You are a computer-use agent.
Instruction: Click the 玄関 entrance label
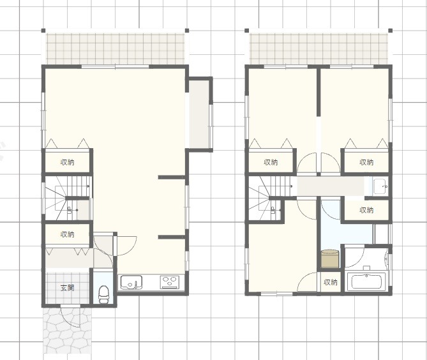67,288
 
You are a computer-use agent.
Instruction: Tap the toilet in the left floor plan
103,294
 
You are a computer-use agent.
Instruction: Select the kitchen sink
131,282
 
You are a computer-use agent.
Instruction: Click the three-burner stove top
169,282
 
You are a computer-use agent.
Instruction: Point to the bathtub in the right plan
366,282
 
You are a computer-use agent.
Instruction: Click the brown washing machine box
330,259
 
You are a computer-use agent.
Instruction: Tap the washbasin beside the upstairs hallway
380,186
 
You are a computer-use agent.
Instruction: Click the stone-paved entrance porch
67,330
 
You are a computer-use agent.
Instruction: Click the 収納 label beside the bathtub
331,282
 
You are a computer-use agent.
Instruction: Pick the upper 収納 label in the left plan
67,162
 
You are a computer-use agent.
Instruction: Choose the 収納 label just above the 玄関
67,234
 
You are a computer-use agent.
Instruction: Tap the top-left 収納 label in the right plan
271,162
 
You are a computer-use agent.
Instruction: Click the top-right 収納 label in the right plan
366,162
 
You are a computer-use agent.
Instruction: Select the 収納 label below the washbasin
366,210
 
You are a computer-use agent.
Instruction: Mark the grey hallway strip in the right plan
331,186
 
